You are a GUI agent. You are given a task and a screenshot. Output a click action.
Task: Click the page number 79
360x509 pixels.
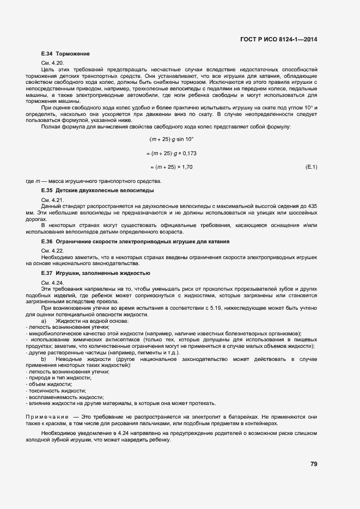point(314,464)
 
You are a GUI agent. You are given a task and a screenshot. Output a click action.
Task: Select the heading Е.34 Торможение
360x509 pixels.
point(65,54)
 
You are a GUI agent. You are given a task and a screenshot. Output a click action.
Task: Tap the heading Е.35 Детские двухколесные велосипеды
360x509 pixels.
point(97,191)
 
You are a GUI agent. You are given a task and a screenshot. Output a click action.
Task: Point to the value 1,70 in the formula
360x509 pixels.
point(186,167)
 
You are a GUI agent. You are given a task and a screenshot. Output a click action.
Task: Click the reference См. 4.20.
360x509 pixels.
point(52,63)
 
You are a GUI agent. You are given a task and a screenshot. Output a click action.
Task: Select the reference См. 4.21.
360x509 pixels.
point(52,200)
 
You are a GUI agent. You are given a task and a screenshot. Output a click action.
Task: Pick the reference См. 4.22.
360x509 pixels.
point(52,250)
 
